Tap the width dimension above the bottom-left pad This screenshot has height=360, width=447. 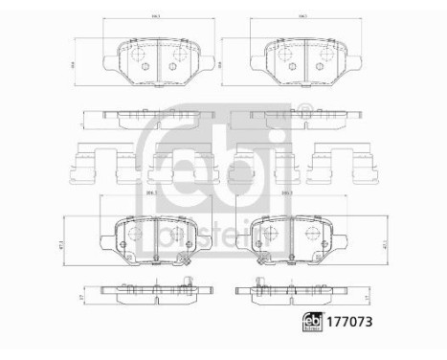click(x=150, y=194)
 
